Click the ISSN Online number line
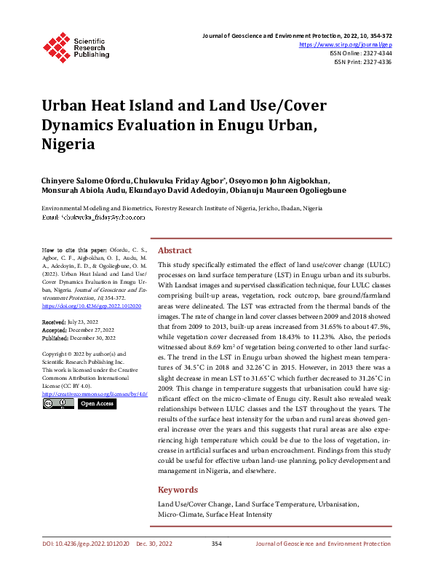[360, 54]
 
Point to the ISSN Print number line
[362, 63]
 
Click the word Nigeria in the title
[68, 144]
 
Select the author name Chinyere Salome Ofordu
[87, 181]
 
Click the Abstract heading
[175, 250]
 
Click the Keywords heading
[178, 490]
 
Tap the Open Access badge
[97, 403]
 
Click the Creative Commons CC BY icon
[57, 403]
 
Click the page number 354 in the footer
[216, 544]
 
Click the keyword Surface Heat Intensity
[239, 514]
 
